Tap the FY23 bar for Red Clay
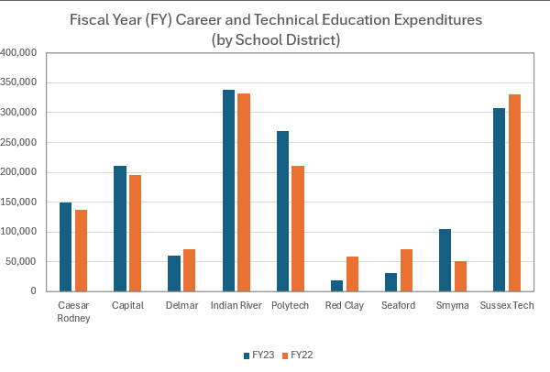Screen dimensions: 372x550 (x=336, y=286)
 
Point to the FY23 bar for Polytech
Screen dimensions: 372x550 (x=282, y=211)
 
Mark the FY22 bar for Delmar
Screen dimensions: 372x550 (x=189, y=270)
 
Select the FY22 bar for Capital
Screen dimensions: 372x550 (x=136, y=233)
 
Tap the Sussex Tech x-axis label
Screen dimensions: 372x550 (x=507, y=305)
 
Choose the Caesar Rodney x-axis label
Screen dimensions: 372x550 (x=71, y=311)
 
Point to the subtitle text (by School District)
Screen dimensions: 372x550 (x=275, y=39)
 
